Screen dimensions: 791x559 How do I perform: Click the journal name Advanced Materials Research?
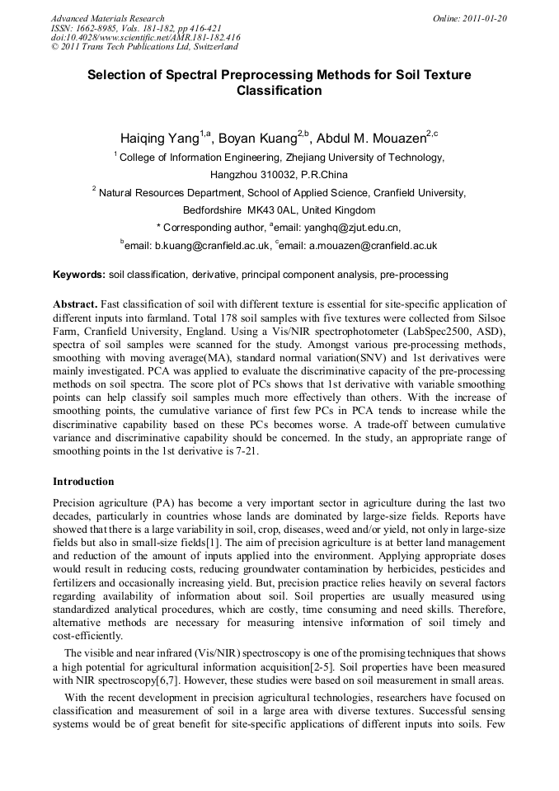coord(107,18)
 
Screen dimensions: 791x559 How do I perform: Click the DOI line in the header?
coord(145,37)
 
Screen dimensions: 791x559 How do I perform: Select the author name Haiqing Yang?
coord(160,138)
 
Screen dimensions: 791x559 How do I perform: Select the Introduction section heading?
coord(83,481)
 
